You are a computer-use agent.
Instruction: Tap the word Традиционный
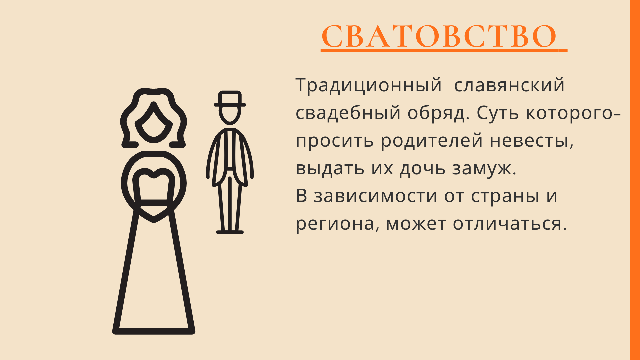click(369, 85)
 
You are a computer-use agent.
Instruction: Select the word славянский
click(509, 85)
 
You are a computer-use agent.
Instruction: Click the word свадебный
click(348, 113)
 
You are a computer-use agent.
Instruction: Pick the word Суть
click(498, 113)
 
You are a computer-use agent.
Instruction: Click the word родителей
click(432, 140)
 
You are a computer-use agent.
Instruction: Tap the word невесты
click(531, 140)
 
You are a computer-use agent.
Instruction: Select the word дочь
click(422, 168)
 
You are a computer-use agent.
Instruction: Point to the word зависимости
click(375, 196)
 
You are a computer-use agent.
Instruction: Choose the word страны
click(505, 196)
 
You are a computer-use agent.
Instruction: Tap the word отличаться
click(510, 223)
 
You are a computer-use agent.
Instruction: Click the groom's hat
click(230, 99)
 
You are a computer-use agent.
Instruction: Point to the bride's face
click(154, 123)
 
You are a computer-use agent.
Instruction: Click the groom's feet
click(230, 232)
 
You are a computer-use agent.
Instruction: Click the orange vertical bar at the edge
click(635, 180)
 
